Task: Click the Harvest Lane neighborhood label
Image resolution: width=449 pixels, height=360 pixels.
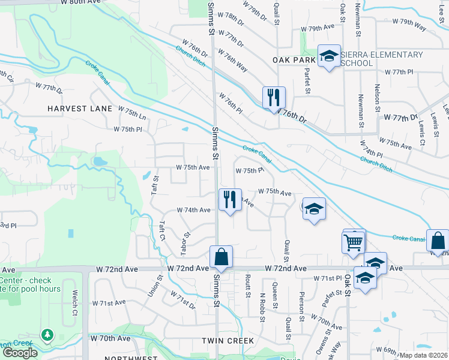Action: tap(80, 108)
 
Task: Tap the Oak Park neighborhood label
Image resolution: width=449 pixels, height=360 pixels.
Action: tap(294, 60)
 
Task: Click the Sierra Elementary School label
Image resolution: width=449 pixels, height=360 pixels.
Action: tap(382, 59)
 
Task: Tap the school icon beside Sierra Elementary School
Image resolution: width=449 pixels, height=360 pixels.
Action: tap(328, 56)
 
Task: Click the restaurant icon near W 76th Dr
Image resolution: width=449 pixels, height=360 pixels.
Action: tap(274, 97)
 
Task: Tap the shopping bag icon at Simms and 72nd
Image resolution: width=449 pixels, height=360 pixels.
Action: tap(221, 256)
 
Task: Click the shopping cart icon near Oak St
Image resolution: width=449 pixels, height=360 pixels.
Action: tap(354, 242)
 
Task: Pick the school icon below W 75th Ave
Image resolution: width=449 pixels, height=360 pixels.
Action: tap(313, 209)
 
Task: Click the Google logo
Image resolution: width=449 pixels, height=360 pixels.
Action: tap(20, 352)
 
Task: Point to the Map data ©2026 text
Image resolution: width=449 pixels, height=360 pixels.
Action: tap(423, 355)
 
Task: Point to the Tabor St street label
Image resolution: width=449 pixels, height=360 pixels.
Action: tap(185, 242)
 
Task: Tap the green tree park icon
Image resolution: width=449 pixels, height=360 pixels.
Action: tap(47, 335)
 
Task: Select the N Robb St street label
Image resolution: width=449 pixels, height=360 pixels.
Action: tap(262, 307)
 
